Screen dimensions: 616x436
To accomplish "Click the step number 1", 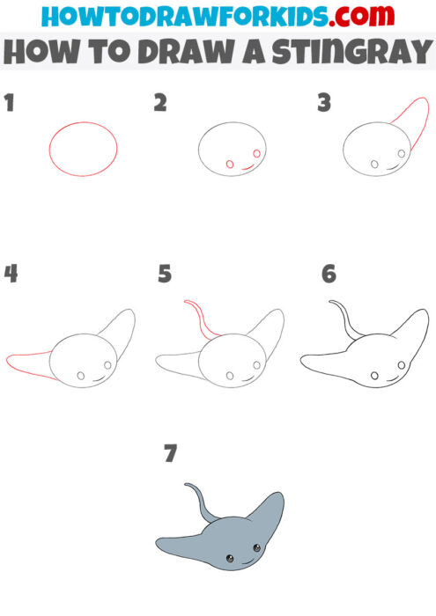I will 10,103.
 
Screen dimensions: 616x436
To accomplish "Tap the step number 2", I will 160,103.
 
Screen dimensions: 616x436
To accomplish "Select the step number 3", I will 324,103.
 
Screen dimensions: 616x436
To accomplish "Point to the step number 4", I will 11,274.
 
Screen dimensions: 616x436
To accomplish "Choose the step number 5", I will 165,274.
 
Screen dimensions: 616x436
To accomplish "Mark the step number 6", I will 329,274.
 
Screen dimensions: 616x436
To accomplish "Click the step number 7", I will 170,453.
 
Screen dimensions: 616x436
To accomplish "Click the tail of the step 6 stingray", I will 345,317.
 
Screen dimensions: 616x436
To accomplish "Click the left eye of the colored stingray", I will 229,560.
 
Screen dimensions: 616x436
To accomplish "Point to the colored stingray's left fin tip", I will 161,542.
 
